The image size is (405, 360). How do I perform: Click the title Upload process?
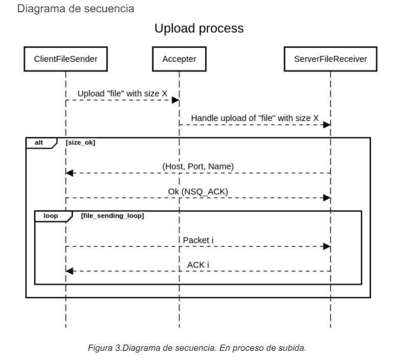[x=199, y=29]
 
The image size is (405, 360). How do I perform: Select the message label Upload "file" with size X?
[x=122, y=94]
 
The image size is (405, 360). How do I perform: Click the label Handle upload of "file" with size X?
[x=255, y=118]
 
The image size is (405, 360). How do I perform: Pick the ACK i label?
[x=198, y=265]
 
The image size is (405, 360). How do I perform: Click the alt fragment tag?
[x=39, y=142]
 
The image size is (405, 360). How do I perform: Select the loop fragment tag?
[x=50, y=215]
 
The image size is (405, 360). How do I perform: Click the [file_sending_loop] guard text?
[x=112, y=215]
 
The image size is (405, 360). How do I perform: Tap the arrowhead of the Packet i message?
[x=326, y=247]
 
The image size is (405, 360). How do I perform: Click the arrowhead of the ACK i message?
[x=70, y=271]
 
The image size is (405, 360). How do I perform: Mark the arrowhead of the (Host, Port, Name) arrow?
[x=70, y=173]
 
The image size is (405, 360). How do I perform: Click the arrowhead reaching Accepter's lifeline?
[x=175, y=101]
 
